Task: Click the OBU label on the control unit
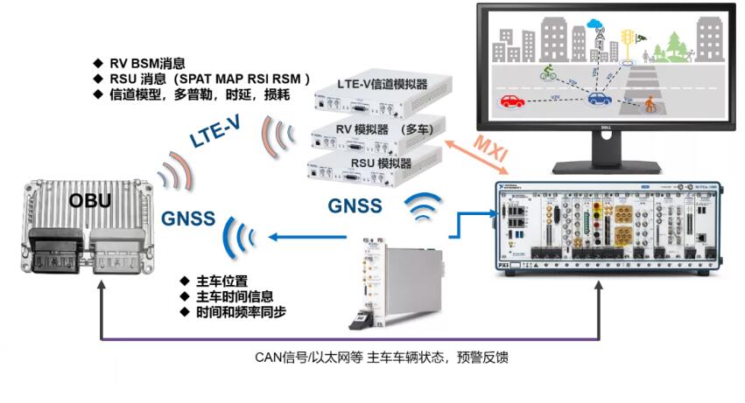[91, 200]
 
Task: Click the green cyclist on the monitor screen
[549, 73]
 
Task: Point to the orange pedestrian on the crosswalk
[650, 105]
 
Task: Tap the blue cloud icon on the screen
[596, 24]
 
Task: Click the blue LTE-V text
[215, 132]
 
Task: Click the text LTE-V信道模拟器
[382, 84]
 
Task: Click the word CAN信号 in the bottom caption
[278, 357]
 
